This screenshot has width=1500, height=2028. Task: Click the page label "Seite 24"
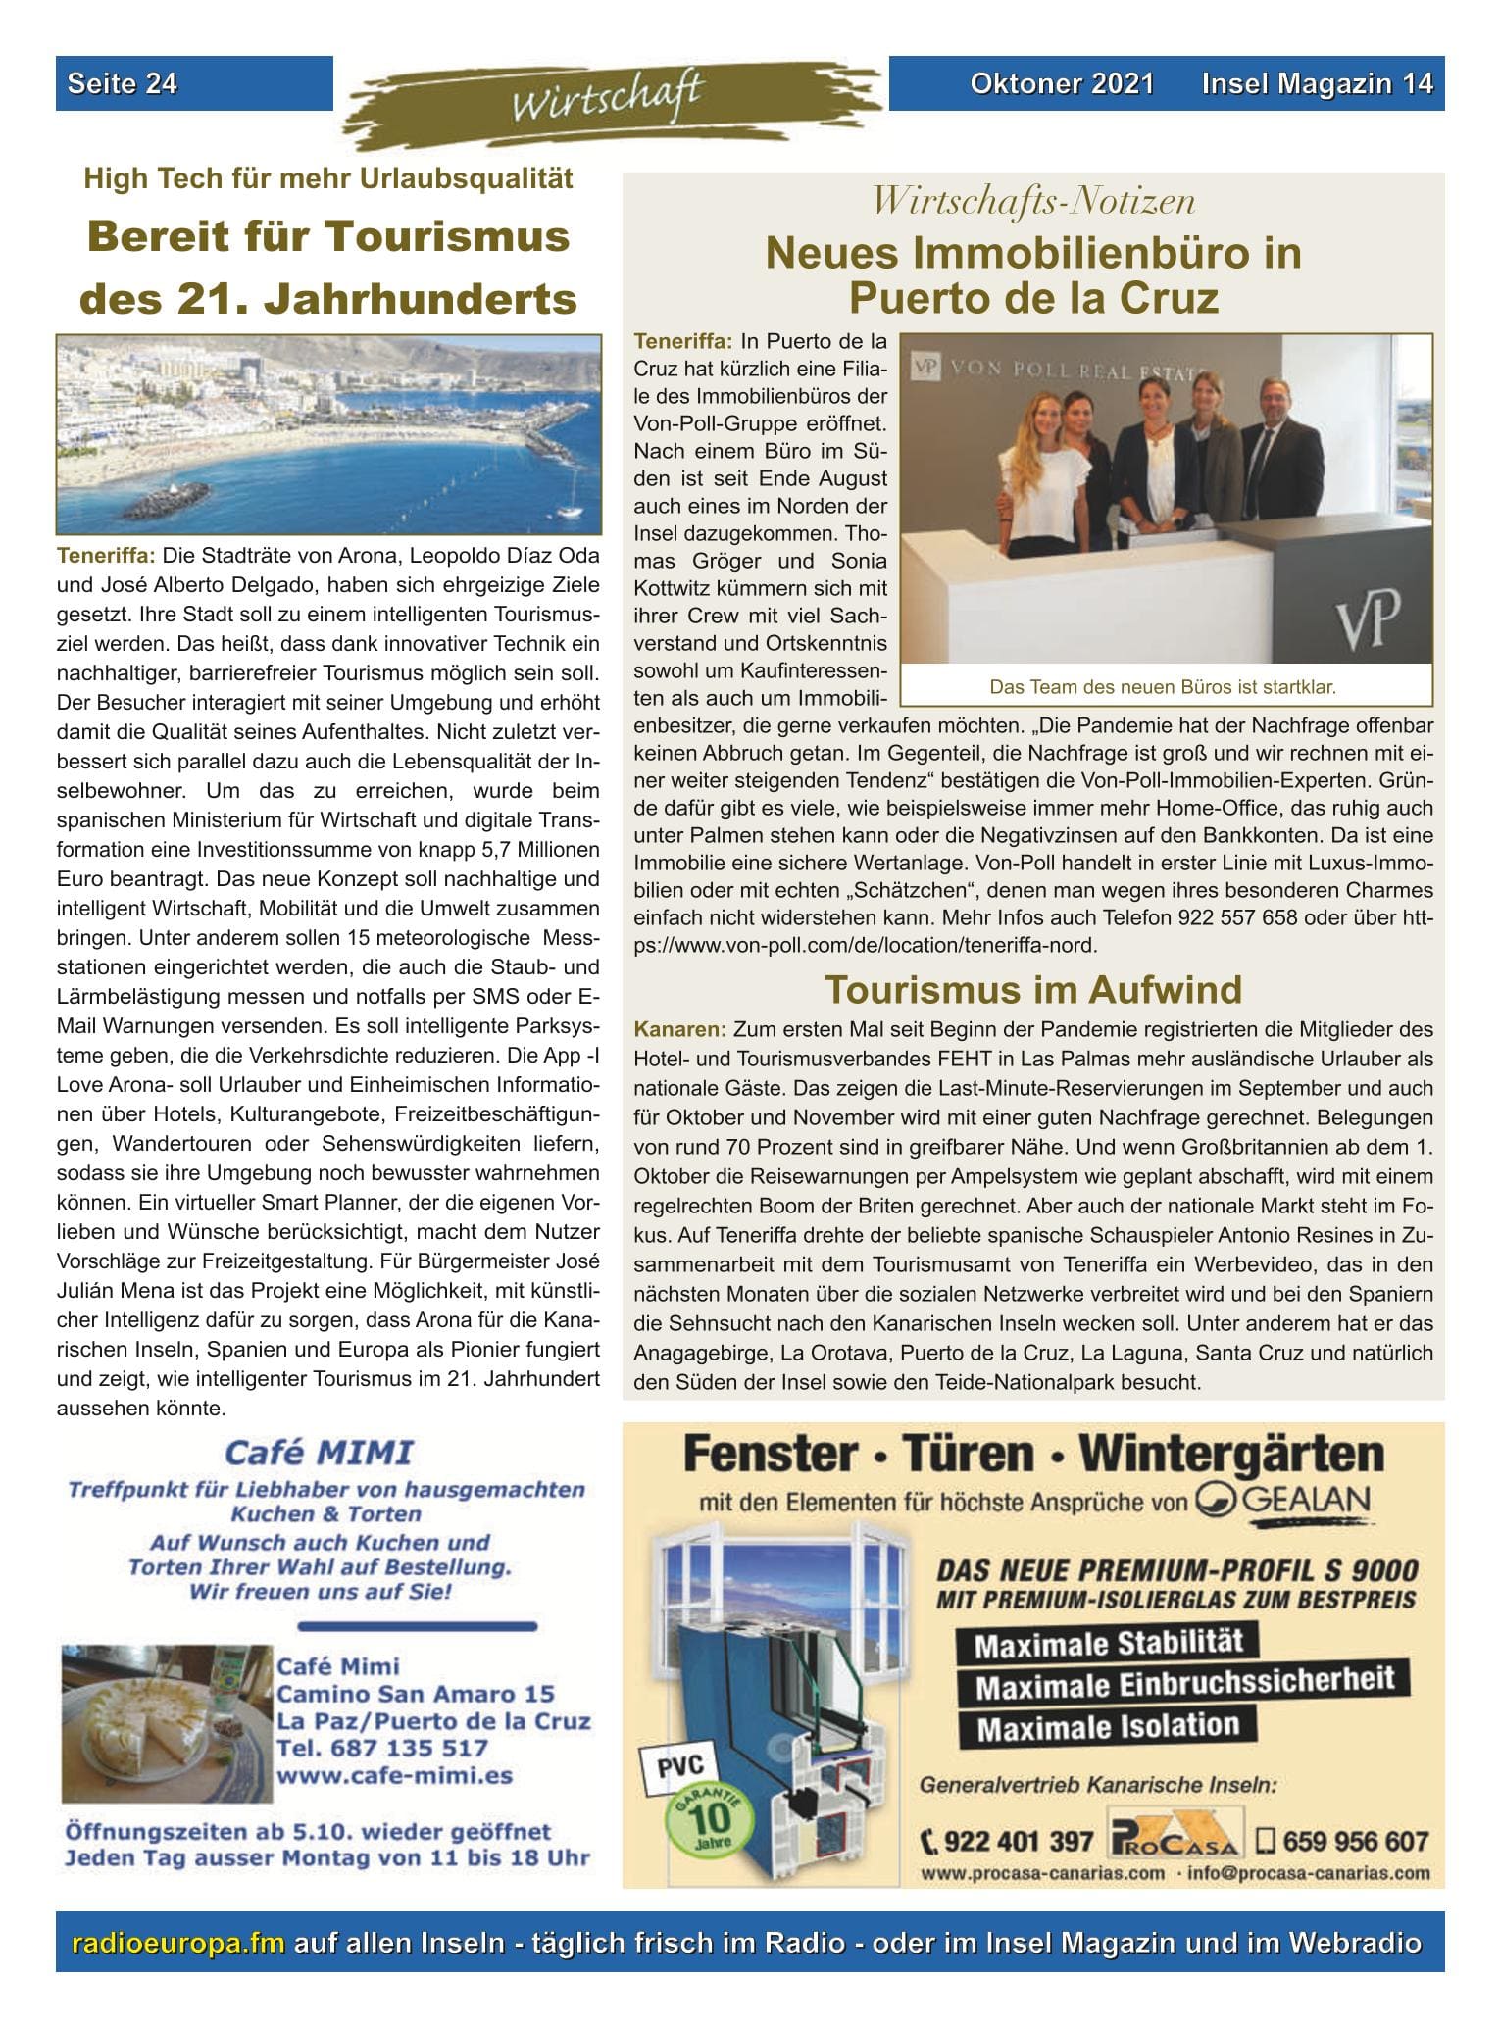click(x=123, y=84)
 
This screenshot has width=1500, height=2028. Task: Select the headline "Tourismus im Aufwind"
click(x=1032, y=989)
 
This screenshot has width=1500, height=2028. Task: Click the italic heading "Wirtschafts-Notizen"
click(x=1033, y=202)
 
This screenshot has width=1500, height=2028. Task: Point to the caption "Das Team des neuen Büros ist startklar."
click(x=1163, y=687)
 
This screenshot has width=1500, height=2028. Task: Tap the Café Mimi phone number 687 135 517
click(x=382, y=1748)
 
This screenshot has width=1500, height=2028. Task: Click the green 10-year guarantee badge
click(x=702, y=1815)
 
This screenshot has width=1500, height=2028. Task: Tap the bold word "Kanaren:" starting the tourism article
click(x=679, y=1031)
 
